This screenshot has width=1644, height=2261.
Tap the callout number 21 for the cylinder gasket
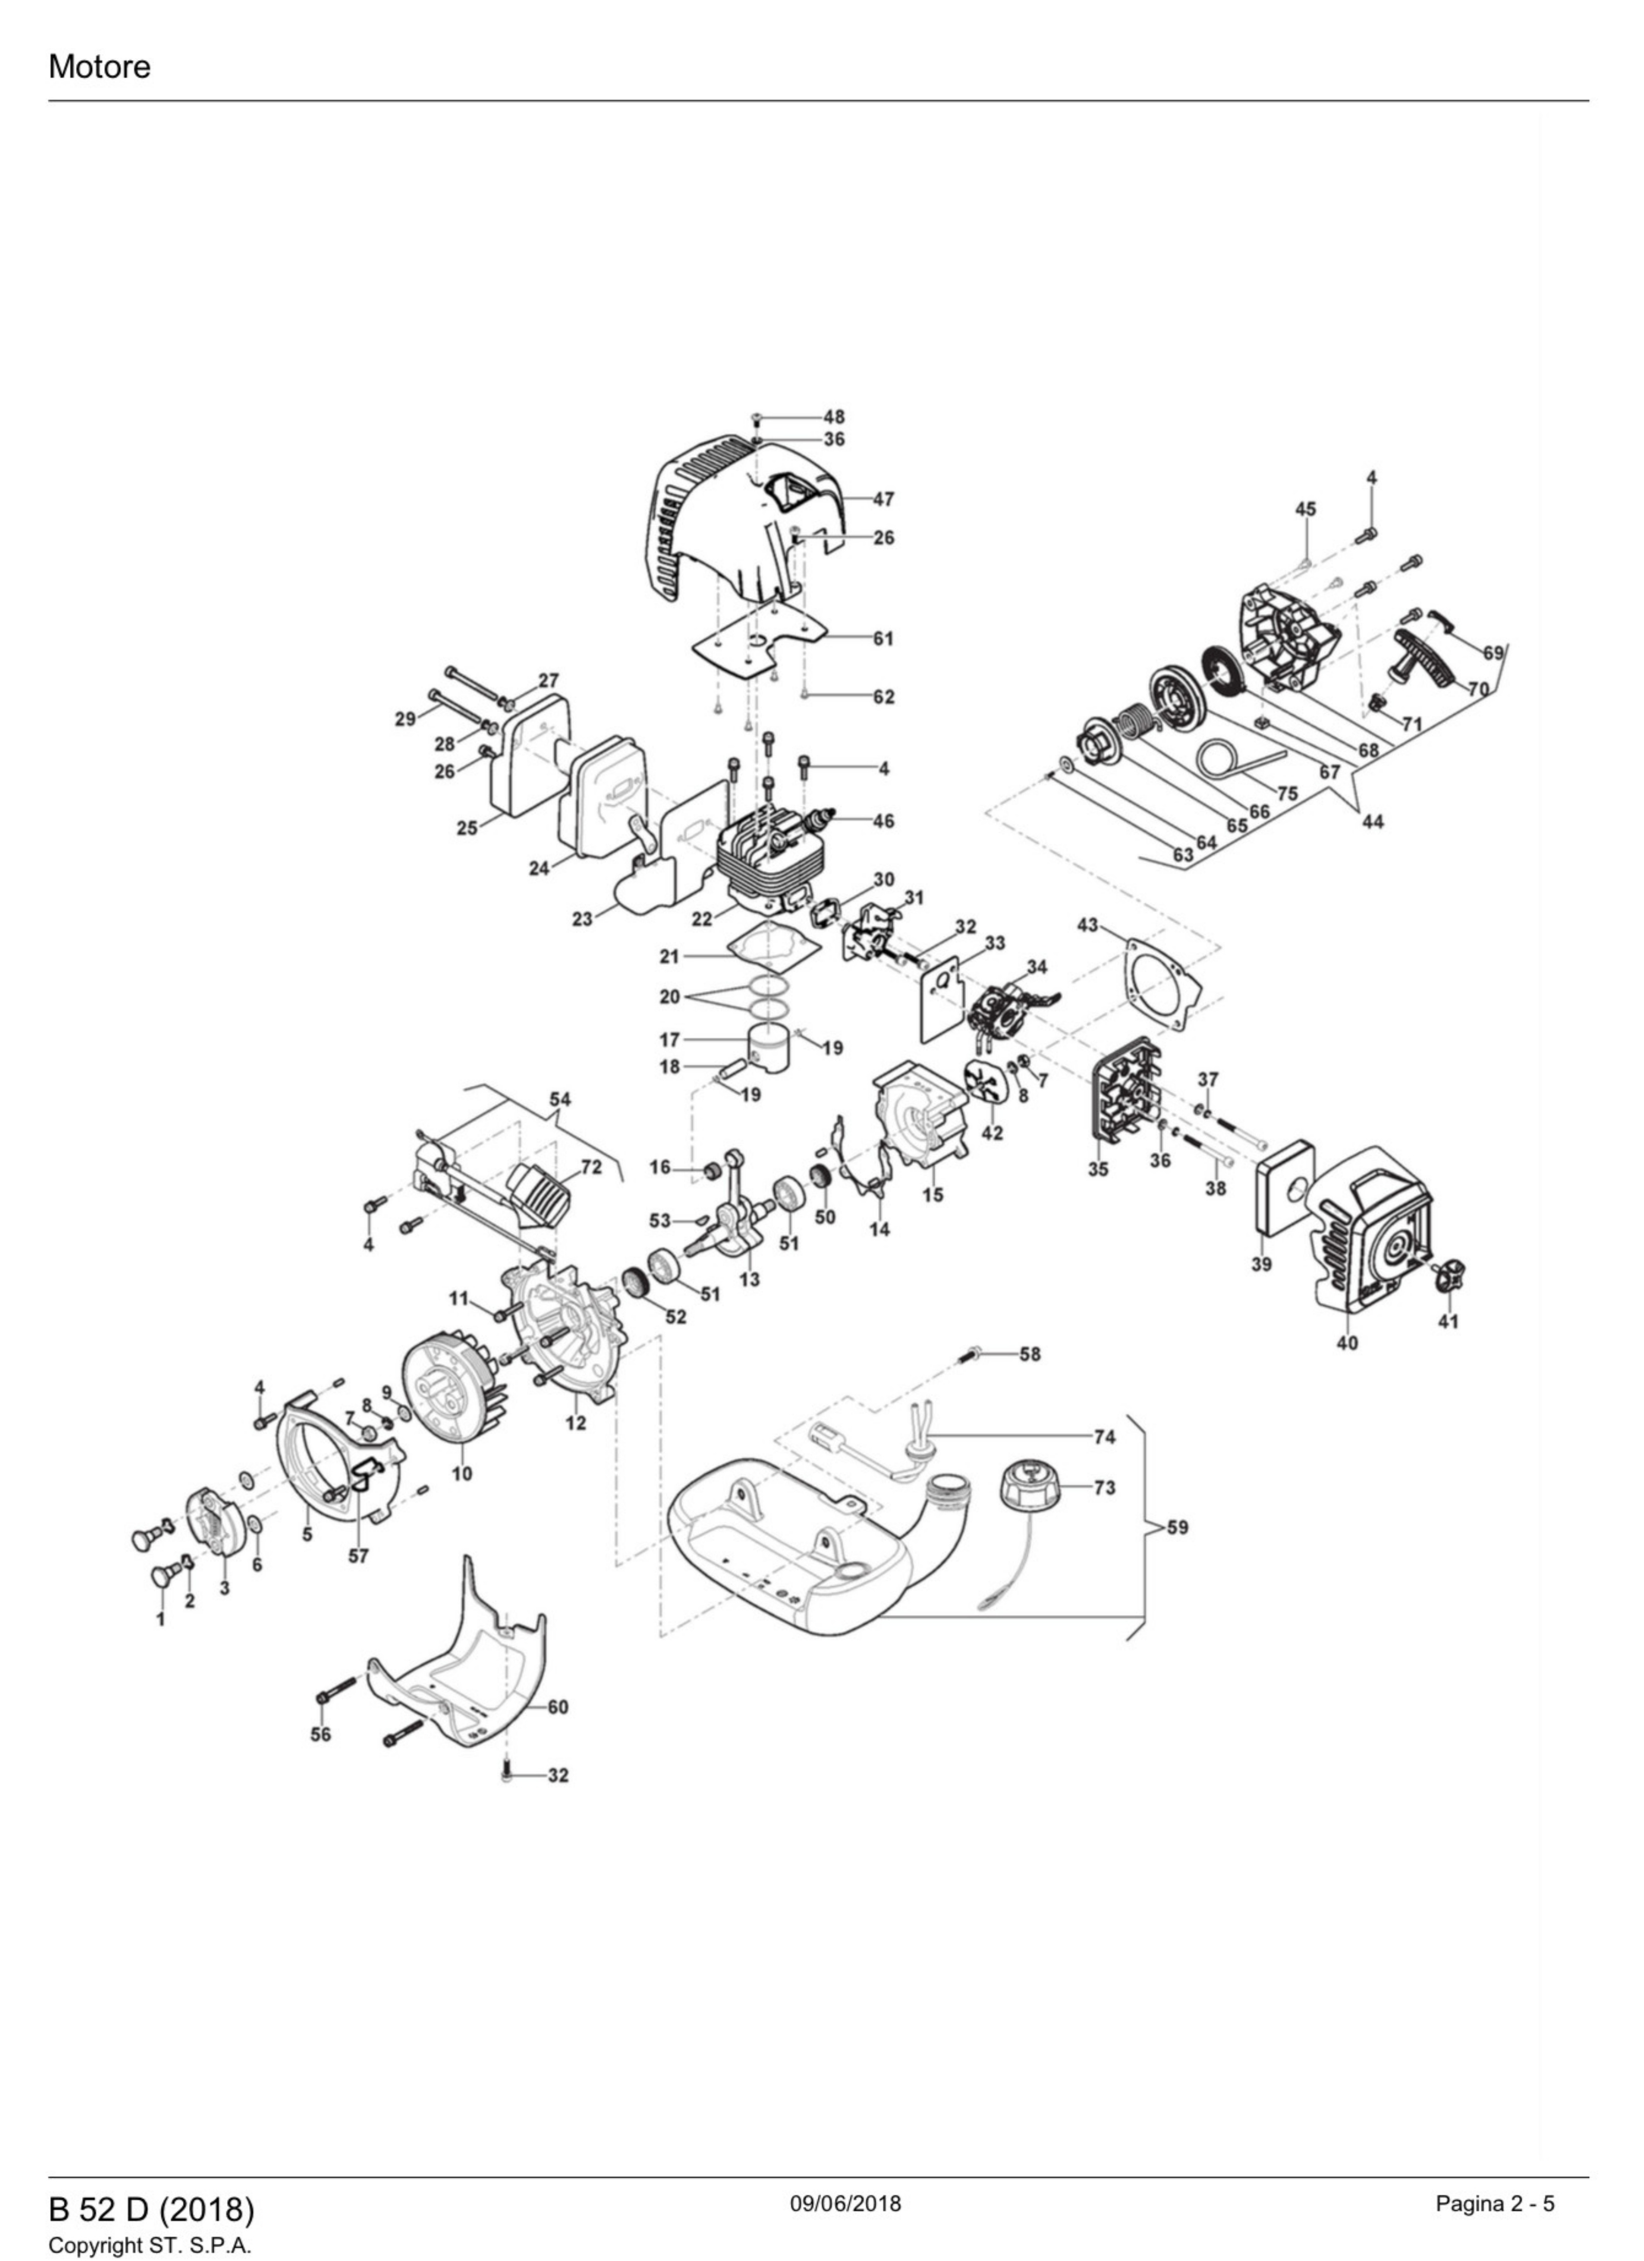pyautogui.click(x=669, y=956)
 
